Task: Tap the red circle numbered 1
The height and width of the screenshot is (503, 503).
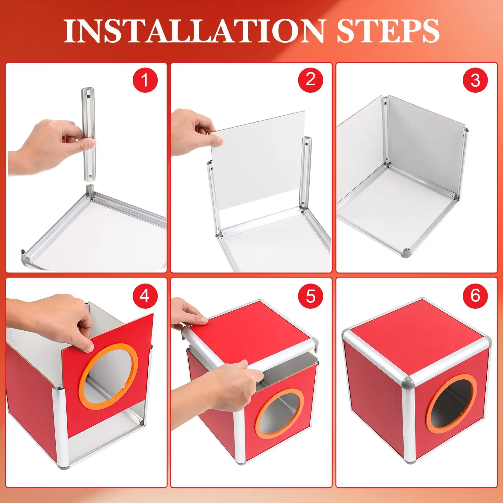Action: coord(145,80)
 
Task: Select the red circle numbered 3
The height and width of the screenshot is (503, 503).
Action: coord(475,80)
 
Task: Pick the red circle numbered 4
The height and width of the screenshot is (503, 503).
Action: coord(145,296)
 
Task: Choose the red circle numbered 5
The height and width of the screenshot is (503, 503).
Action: coord(310,296)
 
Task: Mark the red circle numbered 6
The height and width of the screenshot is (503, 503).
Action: coord(475,296)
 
